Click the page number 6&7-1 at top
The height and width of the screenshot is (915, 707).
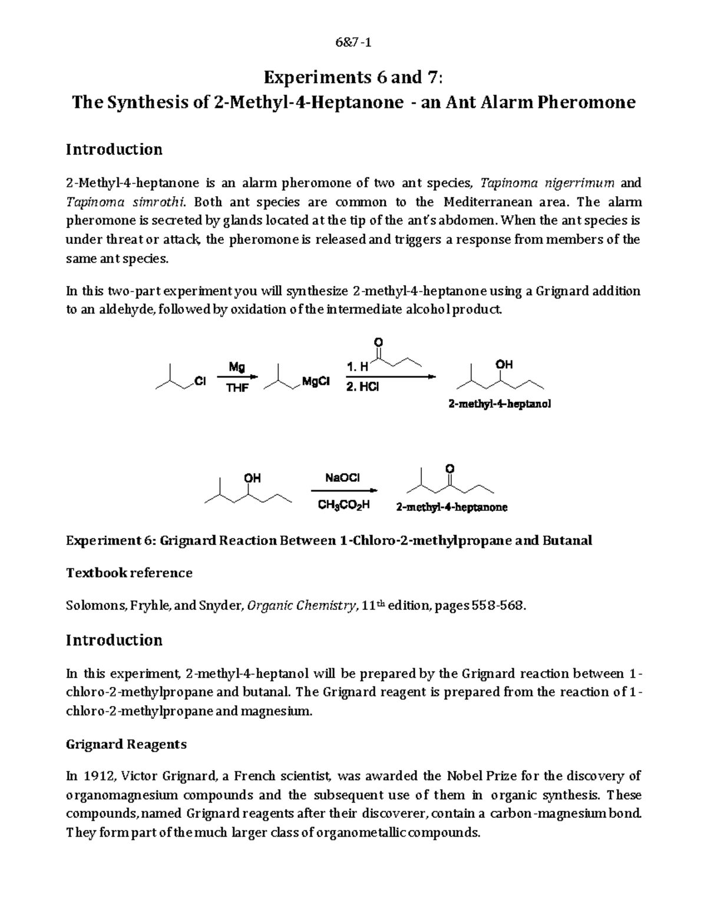coord(353,42)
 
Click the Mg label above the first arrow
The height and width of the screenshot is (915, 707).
coord(237,367)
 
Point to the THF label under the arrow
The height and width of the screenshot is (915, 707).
coord(237,388)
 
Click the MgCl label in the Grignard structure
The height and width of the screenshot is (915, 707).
coord(315,382)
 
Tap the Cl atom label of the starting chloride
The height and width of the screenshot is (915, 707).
coord(200,382)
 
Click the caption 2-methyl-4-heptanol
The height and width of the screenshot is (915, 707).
coord(500,405)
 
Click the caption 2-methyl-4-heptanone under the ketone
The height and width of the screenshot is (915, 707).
coord(451,507)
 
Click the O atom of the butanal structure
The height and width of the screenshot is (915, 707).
coord(378,342)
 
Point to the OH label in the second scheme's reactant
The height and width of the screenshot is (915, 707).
coord(252,478)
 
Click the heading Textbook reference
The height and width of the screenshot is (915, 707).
coord(129,573)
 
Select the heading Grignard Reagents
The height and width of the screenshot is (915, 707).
coord(126,744)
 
